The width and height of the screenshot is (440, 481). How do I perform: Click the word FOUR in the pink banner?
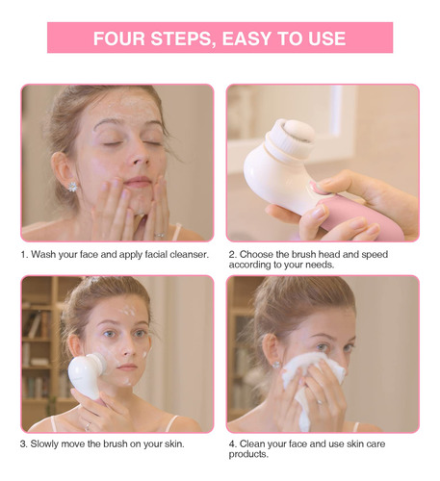119,38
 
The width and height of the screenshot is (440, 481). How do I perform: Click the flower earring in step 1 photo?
73,187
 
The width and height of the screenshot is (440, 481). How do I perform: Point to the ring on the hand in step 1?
160,236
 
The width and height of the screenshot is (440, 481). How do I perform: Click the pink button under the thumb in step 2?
317,189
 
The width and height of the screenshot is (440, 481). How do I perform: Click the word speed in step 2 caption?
375,255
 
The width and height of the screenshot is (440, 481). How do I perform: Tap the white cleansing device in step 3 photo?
86,374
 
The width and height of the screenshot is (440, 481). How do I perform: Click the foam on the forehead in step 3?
128,311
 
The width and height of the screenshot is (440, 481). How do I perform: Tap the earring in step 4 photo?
275,365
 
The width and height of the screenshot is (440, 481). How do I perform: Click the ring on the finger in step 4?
320,402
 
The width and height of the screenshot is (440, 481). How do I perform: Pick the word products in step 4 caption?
248,455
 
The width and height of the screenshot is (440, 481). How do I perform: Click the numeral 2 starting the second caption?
232,255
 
